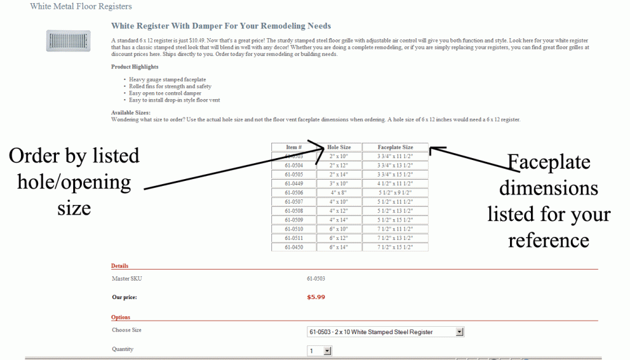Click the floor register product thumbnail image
click(x=63, y=41)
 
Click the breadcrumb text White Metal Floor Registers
click(x=81, y=6)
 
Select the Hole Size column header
click(x=339, y=147)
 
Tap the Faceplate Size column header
click(x=395, y=147)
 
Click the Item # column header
click(x=293, y=147)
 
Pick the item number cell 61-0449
click(x=293, y=183)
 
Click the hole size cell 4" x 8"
click(x=339, y=193)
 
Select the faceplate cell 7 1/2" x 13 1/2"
click(x=395, y=238)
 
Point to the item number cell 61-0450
click(x=293, y=247)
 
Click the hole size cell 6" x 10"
click(x=339, y=229)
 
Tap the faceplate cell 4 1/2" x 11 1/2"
click(x=395, y=183)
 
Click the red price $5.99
click(x=316, y=297)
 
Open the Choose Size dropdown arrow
click(x=459, y=332)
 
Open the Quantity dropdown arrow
click(x=327, y=351)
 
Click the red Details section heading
click(x=119, y=266)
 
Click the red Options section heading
click(x=121, y=318)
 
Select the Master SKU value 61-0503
click(x=316, y=279)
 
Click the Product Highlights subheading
click(x=135, y=66)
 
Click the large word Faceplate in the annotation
click(x=549, y=162)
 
